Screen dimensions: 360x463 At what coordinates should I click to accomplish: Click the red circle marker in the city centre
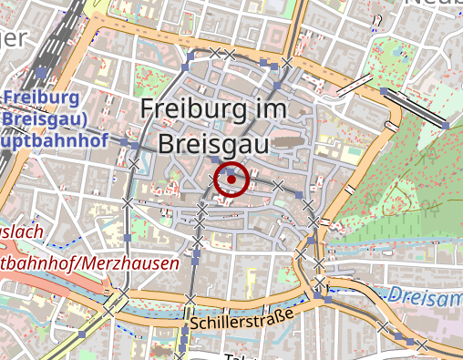point(232,179)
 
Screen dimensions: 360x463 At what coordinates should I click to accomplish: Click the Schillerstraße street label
point(242,320)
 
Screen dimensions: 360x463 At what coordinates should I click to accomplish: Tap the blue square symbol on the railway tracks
point(41,72)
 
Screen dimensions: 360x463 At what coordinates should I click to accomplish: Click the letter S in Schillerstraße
point(196,324)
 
